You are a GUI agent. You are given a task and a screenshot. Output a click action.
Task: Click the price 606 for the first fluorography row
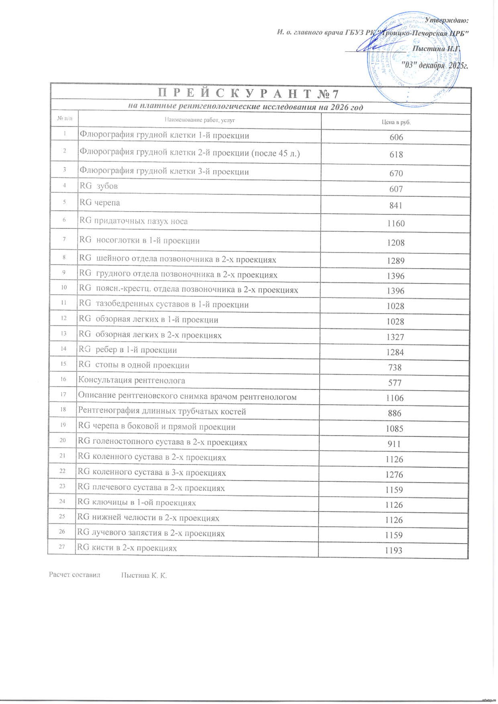(x=396, y=137)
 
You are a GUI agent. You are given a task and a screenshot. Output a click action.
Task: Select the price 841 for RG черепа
(x=396, y=205)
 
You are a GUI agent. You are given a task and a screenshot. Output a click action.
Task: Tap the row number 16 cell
(x=63, y=379)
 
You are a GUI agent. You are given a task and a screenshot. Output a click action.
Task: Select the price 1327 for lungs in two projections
(x=395, y=337)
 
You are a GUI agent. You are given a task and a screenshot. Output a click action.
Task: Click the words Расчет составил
(x=75, y=575)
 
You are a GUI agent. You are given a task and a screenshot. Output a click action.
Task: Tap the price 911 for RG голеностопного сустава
(x=394, y=444)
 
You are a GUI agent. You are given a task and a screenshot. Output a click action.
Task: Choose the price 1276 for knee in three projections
(x=394, y=474)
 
